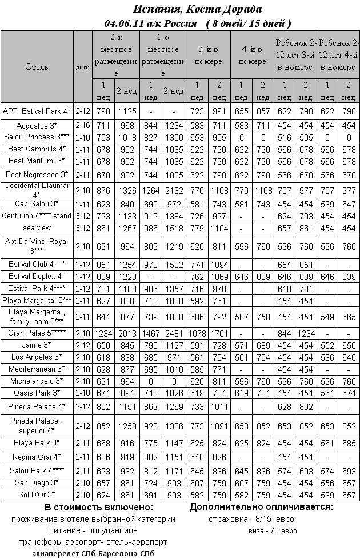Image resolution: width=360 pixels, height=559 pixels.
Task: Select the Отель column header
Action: (37, 67)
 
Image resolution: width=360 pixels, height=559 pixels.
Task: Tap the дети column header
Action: (83, 67)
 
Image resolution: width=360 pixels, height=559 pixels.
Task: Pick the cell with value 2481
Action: (174, 333)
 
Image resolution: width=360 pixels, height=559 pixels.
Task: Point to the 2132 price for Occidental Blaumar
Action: (174, 190)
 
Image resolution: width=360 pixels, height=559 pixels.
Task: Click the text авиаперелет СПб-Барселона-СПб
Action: (94, 553)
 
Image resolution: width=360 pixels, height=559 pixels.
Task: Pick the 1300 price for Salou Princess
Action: (174, 137)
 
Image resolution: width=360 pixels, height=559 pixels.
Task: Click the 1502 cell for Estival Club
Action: (174, 265)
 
